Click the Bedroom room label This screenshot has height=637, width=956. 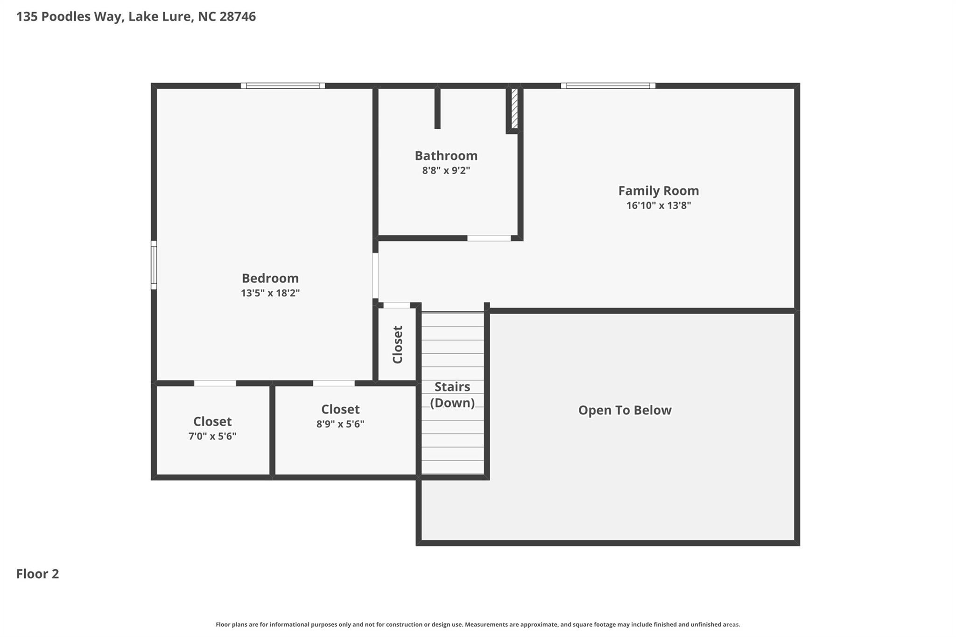[x=270, y=278]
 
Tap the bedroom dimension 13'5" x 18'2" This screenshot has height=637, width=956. [x=270, y=293]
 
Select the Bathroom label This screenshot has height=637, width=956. [x=446, y=155]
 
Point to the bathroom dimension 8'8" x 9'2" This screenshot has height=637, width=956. [x=446, y=170]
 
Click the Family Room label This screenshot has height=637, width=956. [x=658, y=190]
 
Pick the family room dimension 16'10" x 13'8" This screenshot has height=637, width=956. [x=658, y=205]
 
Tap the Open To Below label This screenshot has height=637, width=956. [x=625, y=410]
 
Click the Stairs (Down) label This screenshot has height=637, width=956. [x=452, y=394]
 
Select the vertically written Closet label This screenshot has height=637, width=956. [x=397, y=344]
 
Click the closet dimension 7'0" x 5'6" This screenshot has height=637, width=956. [x=212, y=436]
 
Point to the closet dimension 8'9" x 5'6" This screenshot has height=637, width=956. [x=340, y=424]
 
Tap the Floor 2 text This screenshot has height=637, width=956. [x=37, y=574]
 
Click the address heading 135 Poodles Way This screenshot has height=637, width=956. [x=136, y=16]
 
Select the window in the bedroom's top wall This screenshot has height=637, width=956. [x=283, y=85]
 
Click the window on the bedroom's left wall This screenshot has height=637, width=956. [x=154, y=265]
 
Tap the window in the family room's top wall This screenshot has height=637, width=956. [x=608, y=85]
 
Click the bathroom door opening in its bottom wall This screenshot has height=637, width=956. [x=489, y=238]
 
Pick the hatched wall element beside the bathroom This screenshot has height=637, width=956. [x=514, y=108]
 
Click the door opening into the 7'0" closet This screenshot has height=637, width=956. [x=215, y=383]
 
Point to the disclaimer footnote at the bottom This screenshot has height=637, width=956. [x=478, y=624]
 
